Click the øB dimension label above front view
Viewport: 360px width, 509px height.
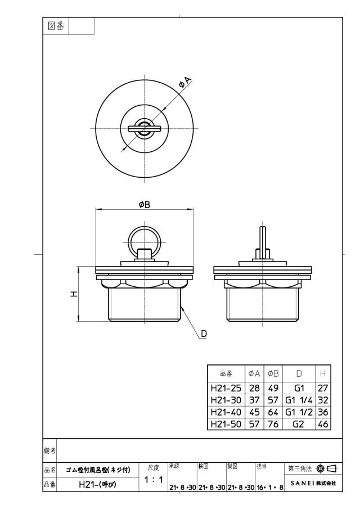(x=145, y=205)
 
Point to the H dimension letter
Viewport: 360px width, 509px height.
(x=74, y=294)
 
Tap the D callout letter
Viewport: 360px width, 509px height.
(x=204, y=334)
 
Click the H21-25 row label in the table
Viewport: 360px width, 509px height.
(x=226, y=388)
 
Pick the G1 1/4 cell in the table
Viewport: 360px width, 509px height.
(x=299, y=400)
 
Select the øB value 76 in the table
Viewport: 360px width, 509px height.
(x=273, y=424)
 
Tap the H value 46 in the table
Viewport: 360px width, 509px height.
(x=323, y=424)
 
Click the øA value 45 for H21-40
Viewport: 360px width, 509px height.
(x=254, y=412)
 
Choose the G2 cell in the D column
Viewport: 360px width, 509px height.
(x=298, y=424)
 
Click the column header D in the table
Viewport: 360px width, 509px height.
(x=299, y=373)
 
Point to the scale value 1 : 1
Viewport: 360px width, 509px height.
(x=154, y=479)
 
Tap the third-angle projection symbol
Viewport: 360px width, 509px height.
(x=328, y=469)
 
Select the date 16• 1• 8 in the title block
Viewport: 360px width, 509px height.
(x=270, y=487)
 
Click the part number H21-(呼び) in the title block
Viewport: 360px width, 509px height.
(x=97, y=484)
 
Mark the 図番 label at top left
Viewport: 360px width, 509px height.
(x=56, y=26)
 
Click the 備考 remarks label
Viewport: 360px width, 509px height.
(x=49, y=451)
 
